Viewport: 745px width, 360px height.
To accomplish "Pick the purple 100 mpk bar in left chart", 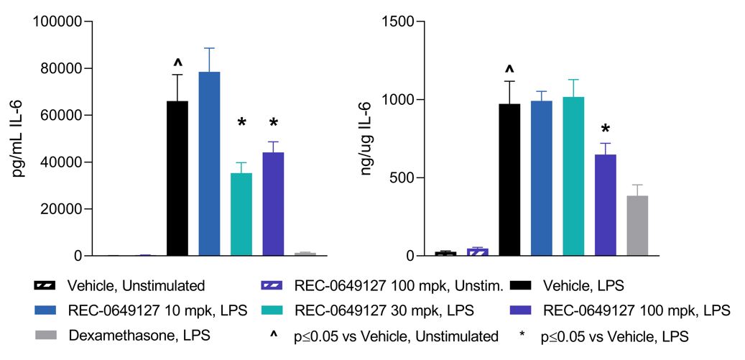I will [273, 204].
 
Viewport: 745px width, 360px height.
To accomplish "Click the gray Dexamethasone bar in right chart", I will [637, 226].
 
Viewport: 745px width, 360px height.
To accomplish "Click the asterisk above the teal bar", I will [241, 123].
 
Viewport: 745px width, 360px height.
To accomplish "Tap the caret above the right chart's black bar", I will [509, 70].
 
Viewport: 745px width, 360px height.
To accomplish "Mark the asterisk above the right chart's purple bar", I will [606, 129].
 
